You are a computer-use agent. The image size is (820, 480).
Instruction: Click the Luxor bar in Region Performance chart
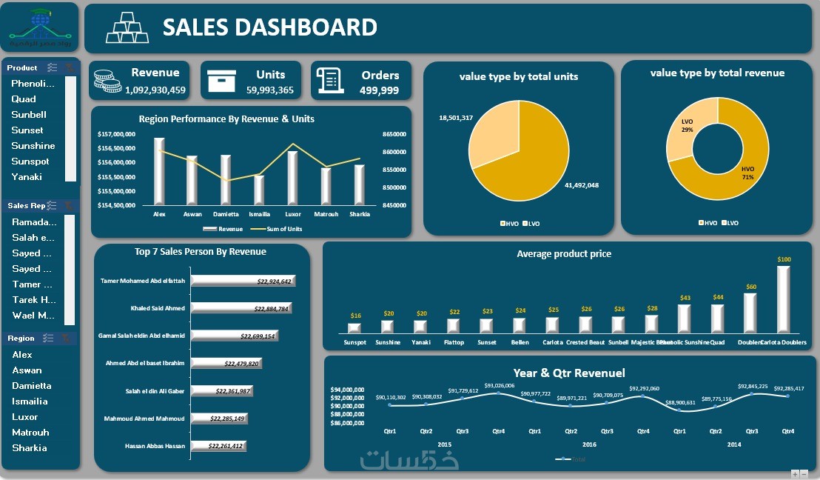pos(292,178)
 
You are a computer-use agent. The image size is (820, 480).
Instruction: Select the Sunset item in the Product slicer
pos(27,130)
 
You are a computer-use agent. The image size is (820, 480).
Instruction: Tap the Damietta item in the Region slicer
pos(32,386)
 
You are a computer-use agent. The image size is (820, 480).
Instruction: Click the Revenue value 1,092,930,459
pos(155,90)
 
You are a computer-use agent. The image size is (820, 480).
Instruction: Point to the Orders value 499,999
pos(380,90)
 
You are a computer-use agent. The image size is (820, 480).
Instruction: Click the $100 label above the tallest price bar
pos(784,259)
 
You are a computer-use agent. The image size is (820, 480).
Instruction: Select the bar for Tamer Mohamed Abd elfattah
pos(243,281)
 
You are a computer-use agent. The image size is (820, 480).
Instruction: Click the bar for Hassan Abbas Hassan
pos(218,446)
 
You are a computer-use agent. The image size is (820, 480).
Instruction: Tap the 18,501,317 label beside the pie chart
pos(456,118)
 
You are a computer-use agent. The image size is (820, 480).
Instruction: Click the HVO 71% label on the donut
pos(748,173)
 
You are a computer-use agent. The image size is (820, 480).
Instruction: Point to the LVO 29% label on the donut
pos(687,125)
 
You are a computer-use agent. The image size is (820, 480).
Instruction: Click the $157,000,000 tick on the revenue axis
pos(116,134)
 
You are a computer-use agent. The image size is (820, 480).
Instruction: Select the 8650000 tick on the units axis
pos(394,134)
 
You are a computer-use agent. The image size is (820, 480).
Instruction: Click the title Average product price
pos(564,254)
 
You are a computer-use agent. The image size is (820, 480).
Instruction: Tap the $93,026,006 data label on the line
pos(500,385)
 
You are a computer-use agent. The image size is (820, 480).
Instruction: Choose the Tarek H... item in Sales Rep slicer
pos(34,300)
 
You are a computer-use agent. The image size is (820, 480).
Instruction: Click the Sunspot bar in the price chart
pos(354,327)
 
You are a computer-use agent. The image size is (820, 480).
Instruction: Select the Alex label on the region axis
pos(159,214)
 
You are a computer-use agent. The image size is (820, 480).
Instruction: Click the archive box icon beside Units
pos(222,81)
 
